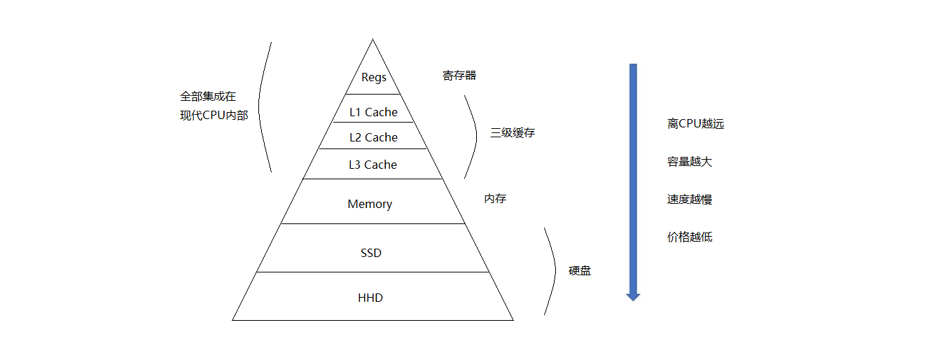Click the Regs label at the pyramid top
[373, 77]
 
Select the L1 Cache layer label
[373, 112]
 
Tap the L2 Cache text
[373, 137]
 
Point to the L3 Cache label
[373, 165]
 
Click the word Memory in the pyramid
[370, 204]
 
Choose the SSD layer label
[371, 253]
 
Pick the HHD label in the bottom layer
[370, 298]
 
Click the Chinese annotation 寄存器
[459, 75]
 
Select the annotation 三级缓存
[513, 132]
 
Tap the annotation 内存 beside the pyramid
[495, 198]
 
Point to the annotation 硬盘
[580, 270]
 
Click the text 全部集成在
[208, 97]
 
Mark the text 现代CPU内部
[214, 116]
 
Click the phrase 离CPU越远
[695, 124]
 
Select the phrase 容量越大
[690, 162]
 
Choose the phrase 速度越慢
[690, 200]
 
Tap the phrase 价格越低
[690, 237]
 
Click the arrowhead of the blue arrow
[633, 296]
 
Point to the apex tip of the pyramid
[373, 40]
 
